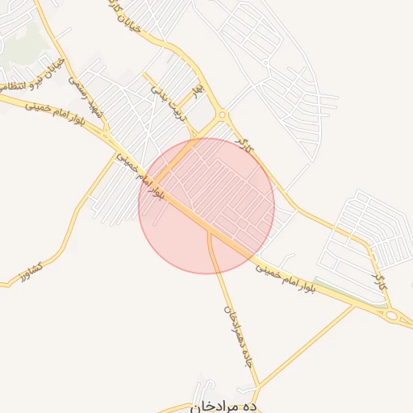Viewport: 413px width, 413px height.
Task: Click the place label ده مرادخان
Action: [x=224, y=407]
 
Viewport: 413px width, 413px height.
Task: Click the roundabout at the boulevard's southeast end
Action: [x=393, y=315]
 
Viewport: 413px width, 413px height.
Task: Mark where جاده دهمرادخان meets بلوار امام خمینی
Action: [x=210, y=232]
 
